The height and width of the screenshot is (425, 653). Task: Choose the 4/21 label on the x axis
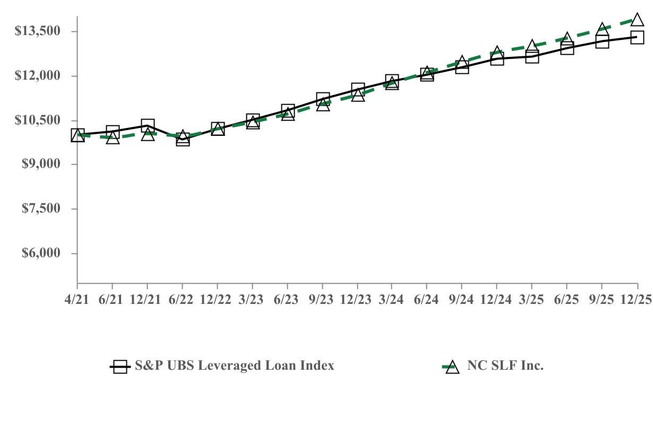click(78, 300)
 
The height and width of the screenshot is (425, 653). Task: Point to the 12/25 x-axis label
click(637, 300)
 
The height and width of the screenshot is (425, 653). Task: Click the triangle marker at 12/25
click(637, 20)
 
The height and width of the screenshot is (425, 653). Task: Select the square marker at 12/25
click(637, 37)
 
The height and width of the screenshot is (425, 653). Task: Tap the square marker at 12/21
click(148, 126)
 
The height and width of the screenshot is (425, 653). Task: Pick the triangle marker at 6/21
click(113, 138)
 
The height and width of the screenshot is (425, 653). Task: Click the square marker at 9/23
click(323, 99)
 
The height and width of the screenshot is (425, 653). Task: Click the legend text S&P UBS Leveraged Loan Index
click(234, 365)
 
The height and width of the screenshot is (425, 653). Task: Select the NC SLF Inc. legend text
click(505, 365)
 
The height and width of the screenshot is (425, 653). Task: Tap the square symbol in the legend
click(121, 367)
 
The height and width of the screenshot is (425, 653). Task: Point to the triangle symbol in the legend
click(452, 367)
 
